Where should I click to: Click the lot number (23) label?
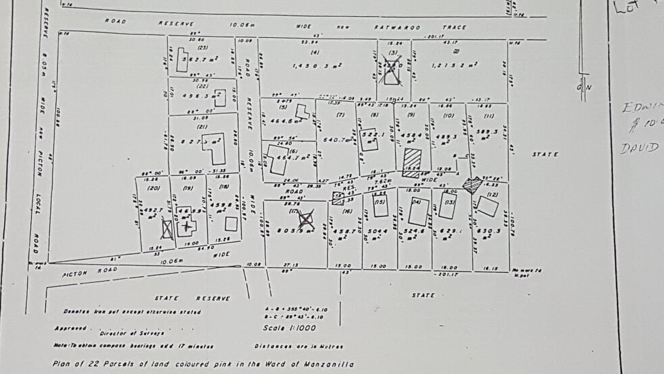pos(202,47)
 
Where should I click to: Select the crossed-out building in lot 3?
pos(390,73)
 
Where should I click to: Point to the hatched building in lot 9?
pos(411,162)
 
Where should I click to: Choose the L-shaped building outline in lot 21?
pos(216,154)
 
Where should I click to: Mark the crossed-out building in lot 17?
pos(306,218)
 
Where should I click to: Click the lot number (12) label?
pos(491,195)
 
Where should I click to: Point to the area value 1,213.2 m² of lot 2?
pos(456,65)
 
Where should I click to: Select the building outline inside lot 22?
pos(220,97)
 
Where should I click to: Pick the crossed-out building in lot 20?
pos(167,229)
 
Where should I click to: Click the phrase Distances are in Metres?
pos(299,346)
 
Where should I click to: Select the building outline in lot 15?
pos(381,207)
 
